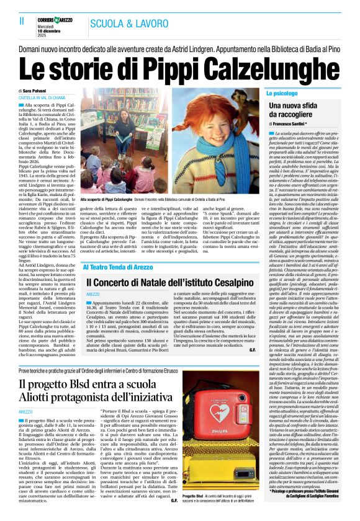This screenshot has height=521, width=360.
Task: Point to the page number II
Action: pos(14,21)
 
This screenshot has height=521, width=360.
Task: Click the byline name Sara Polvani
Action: pos(44,91)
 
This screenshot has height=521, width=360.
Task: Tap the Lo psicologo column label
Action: pos(284,93)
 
